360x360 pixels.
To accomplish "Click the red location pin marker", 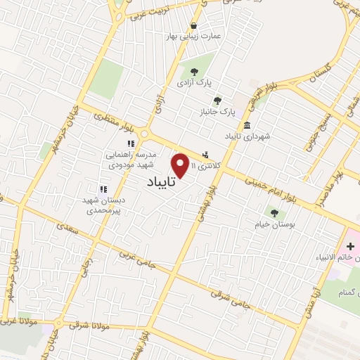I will [181, 165].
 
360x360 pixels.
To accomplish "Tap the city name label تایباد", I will [162, 182].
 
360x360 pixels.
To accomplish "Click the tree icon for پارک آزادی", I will [193, 71].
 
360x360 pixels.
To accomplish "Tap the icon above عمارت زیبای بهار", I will [193, 25].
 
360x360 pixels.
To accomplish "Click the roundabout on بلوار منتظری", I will [145, 134].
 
